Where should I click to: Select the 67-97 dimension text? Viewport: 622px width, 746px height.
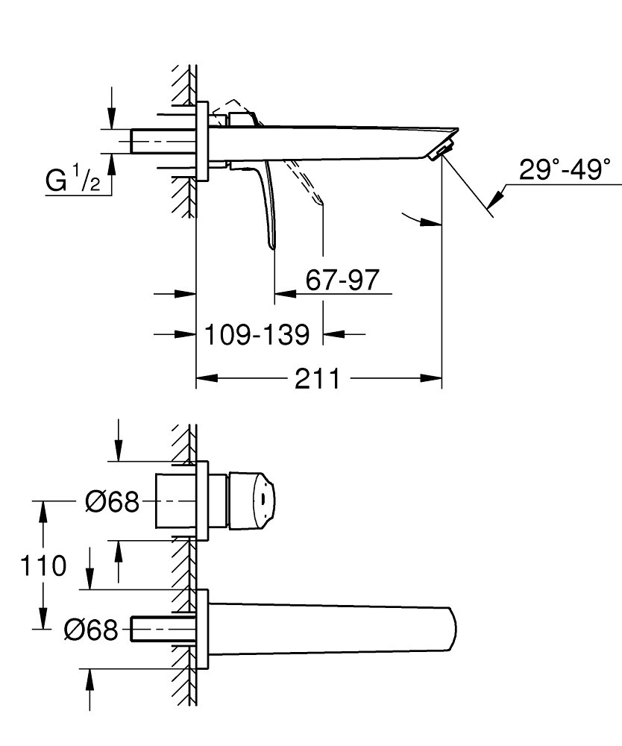pos(342,280)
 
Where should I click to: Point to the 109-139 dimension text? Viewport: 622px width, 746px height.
pos(258,334)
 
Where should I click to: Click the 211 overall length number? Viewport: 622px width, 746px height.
pos(317,379)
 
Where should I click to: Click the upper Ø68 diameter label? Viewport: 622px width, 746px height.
pos(112,503)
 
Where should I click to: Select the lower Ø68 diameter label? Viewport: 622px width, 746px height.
pos(91,631)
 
